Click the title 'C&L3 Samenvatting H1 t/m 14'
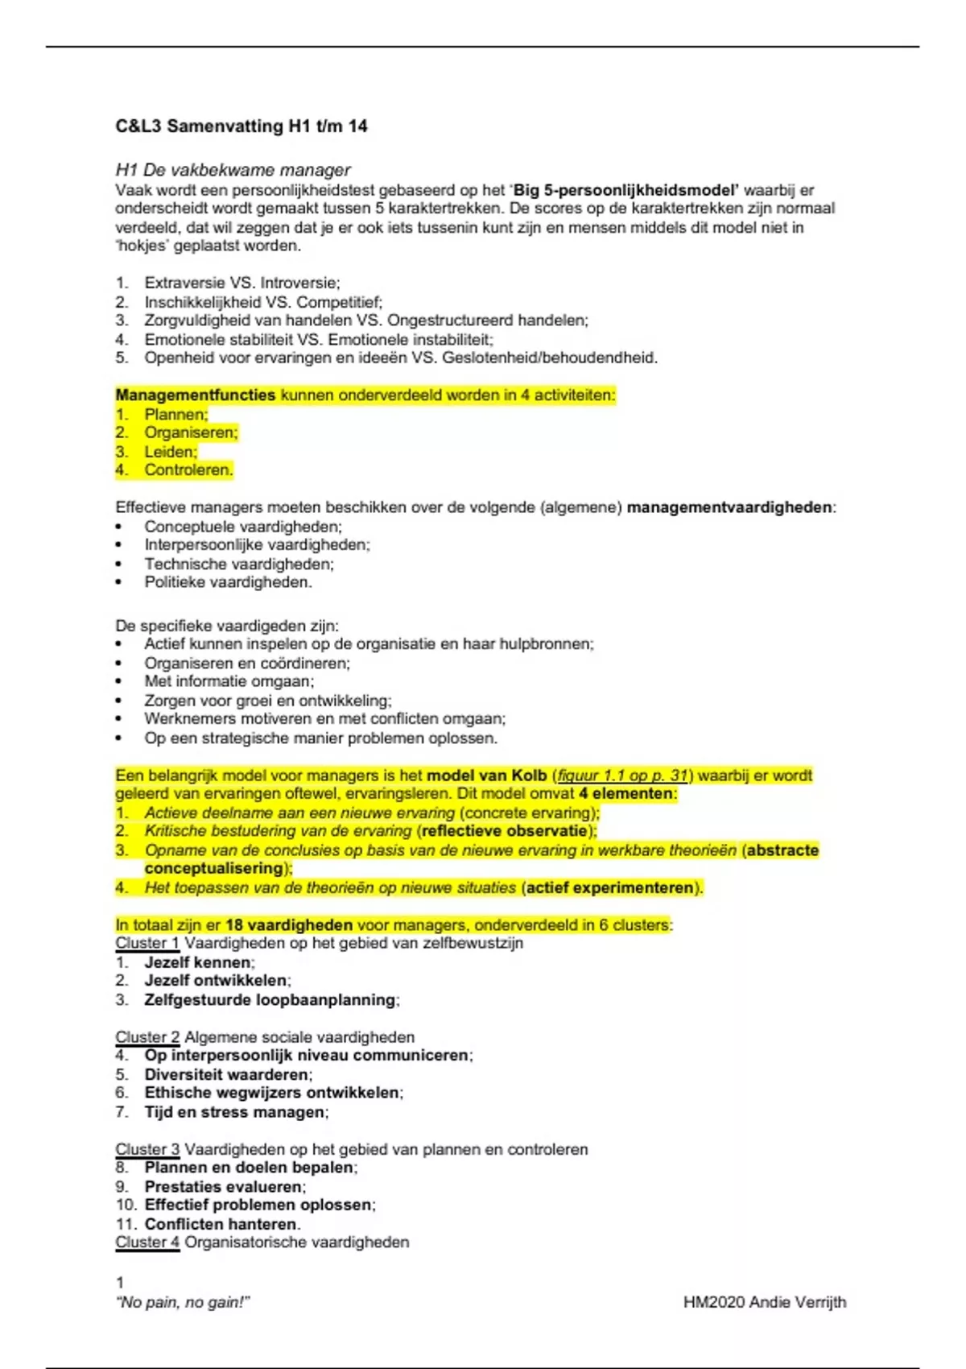242,126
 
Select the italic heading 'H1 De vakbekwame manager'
233,170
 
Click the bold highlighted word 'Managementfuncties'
196,395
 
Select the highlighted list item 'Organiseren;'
191,432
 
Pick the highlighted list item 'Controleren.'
188,470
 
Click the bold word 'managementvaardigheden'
729,507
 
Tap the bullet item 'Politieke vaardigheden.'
228,582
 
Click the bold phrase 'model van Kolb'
486,775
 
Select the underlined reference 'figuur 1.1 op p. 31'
623,775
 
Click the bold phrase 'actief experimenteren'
609,887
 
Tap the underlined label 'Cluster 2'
147,1037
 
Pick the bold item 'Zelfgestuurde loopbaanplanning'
270,1000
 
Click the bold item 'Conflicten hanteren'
221,1224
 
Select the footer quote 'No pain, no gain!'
184,1302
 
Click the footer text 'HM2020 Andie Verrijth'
764,1302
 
